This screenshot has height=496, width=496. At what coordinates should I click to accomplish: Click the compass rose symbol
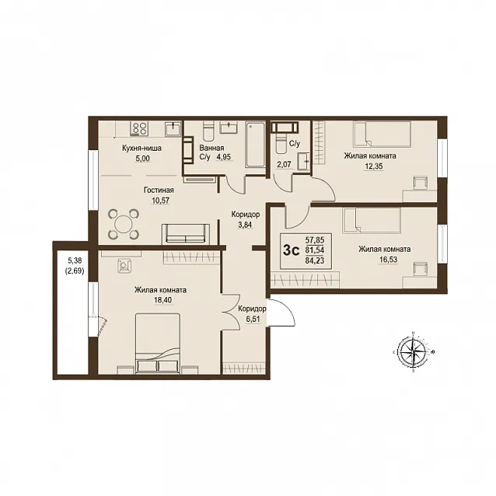[x=413, y=351]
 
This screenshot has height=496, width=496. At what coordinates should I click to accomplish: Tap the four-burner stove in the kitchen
[x=139, y=129]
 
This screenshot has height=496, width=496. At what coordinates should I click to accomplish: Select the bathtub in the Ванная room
[x=255, y=145]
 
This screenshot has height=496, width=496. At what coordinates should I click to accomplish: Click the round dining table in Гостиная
[x=124, y=224]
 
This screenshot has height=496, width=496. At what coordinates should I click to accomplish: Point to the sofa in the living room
[x=186, y=234]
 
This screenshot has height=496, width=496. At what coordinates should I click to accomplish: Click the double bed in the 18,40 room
[x=158, y=343]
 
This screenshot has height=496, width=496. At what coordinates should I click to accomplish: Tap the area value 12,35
[x=373, y=166]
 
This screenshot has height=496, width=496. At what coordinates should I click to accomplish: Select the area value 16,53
[x=388, y=260]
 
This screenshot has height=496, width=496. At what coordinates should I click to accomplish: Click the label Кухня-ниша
[x=141, y=148]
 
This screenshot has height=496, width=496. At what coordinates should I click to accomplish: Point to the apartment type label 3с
[x=291, y=250]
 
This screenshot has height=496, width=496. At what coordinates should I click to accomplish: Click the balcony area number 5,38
[x=75, y=260]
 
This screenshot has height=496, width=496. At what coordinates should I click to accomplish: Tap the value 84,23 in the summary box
[x=314, y=260]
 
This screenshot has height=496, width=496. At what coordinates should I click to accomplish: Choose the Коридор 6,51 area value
[x=253, y=319]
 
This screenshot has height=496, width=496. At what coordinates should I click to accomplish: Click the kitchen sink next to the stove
[x=173, y=129]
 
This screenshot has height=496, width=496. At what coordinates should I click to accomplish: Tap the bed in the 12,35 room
[x=382, y=134]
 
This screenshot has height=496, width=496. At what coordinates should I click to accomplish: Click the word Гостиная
[x=159, y=190]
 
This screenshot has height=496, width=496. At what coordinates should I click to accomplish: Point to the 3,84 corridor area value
[x=246, y=225]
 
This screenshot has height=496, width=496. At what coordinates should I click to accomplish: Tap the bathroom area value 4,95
[x=224, y=157]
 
